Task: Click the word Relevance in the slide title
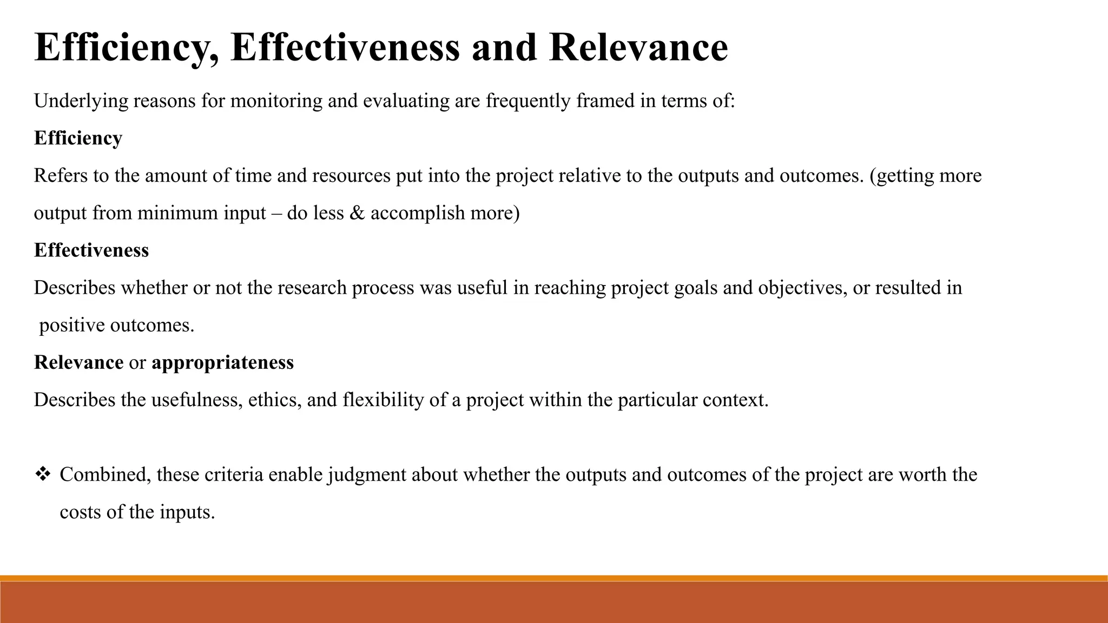pyautogui.click(x=638, y=48)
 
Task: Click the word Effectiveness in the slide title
pyautogui.click(x=345, y=48)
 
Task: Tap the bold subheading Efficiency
pyautogui.click(x=78, y=138)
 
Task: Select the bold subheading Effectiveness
pyautogui.click(x=91, y=250)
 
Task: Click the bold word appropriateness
pyautogui.click(x=222, y=362)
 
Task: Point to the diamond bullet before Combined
pyautogui.click(x=42, y=475)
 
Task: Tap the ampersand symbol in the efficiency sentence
pyautogui.click(x=357, y=213)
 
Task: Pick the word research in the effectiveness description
pyautogui.click(x=312, y=288)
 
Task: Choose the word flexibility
pyautogui.click(x=383, y=400)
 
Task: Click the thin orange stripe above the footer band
pyautogui.click(x=554, y=578)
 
